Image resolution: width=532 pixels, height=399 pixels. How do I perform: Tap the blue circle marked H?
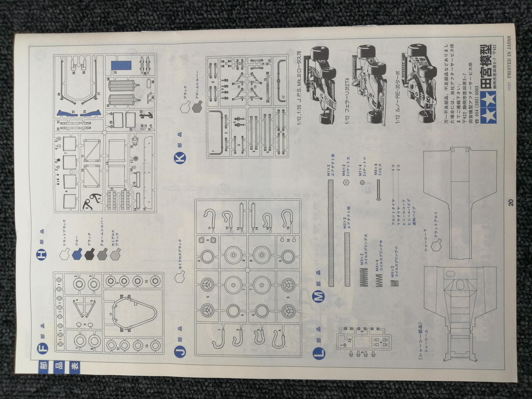click(x=43, y=254)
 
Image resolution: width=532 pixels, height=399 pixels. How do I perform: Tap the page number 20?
click(x=510, y=203)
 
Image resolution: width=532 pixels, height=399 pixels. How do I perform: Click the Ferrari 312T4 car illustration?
click(x=371, y=90)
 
